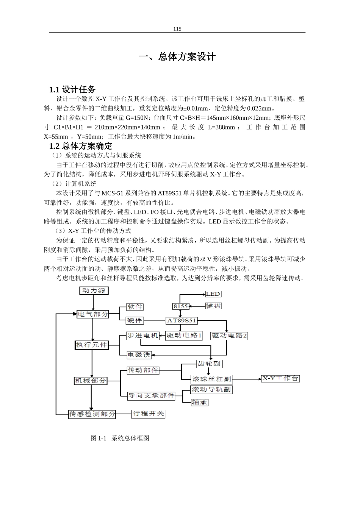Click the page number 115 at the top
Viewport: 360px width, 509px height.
[x=177, y=29]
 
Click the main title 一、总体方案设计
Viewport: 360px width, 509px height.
[x=177, y=57]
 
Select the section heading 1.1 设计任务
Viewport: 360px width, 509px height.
[x=72, y=89]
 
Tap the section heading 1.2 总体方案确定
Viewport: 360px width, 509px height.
[x=81, y=146]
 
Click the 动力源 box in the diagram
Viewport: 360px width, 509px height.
[x=94, y=290]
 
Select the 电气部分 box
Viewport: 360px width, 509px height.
[x=93, y=314]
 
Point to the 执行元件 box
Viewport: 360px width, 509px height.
[x=92, y=345]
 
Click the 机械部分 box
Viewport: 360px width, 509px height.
[x=91, y=381]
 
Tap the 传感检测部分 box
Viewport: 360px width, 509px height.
[x=92, y=414]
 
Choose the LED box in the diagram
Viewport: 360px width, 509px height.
[x=213, y=294]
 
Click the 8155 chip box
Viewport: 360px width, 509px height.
[x=180, y=306]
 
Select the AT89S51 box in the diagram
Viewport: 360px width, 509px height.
[x=182, y=320]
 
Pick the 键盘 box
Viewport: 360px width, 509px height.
[x=213, y=306]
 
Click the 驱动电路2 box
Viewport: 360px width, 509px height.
[x=229, y=336]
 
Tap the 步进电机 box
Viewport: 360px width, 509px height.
[x=142, y=336]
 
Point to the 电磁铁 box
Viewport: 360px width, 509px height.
[x=139, y=355]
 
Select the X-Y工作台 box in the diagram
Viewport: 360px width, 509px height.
[x=280, y=378]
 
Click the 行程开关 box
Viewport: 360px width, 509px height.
[x=148, y=414]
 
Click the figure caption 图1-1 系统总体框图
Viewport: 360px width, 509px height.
[x=120, y=438]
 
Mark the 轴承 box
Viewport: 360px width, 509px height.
[x=200, y=402]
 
